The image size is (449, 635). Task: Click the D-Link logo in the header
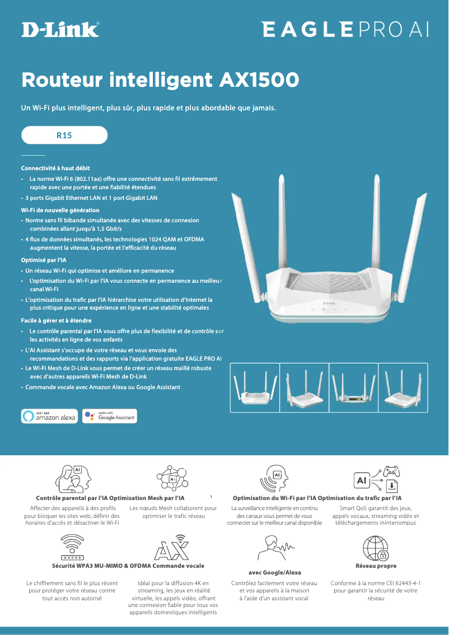60,29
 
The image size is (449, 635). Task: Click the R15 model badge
64,135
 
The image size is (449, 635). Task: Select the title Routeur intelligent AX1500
160,80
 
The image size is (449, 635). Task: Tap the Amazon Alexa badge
49,416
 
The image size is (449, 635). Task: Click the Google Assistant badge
110,416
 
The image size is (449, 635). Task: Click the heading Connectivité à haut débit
55,168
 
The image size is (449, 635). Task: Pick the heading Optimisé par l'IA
44,260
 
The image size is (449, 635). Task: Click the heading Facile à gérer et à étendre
56,321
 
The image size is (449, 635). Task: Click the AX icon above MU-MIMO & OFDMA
171,550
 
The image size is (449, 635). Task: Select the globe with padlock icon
376,549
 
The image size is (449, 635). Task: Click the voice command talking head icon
274,547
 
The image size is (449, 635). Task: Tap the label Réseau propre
376,566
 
